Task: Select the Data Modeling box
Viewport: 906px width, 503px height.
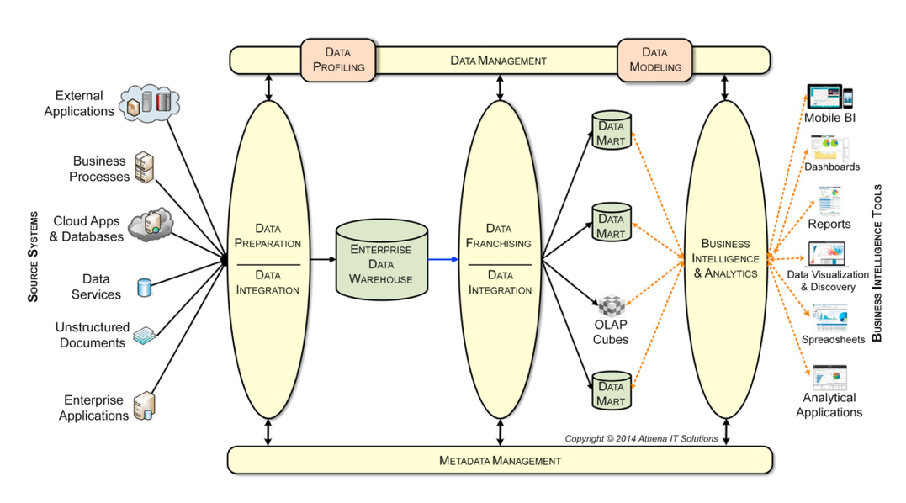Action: [655, 60]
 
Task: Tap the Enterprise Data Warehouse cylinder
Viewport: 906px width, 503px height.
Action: [382, 260]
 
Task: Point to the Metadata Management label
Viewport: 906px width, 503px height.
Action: [500, 460]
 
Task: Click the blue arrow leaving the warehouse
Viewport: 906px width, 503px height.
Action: [442, 260]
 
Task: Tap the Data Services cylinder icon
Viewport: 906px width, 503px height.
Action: [144, 288]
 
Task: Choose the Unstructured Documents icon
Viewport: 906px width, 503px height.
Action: [145, 335]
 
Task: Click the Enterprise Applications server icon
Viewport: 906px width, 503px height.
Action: [144, 406]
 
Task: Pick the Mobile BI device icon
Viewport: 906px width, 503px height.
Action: [829, 98]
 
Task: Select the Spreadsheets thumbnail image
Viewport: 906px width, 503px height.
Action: [829, 319]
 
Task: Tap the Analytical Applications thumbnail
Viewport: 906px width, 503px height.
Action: [829, 378]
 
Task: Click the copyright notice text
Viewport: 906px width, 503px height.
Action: [641, 438]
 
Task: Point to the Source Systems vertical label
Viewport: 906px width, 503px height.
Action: [33, 257]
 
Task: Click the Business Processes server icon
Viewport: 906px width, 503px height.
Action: [145, 168]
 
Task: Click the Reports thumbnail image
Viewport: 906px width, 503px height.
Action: [829, 203]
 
